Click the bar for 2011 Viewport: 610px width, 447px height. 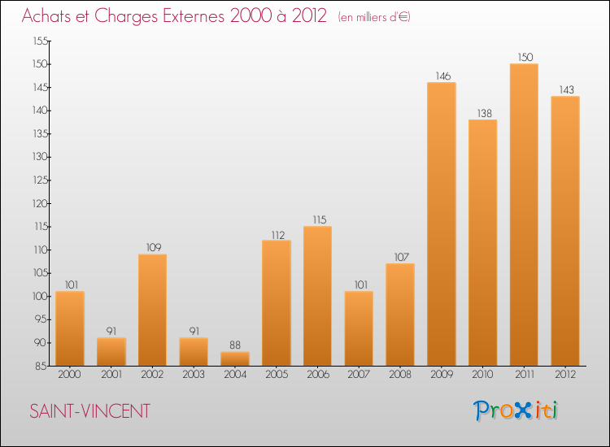[524, 215]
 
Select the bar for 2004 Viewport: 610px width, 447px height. [235, 358]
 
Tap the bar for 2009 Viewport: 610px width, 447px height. [442, 223]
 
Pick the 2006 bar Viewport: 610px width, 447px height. [317, 296]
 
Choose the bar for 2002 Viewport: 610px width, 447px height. [152, 310]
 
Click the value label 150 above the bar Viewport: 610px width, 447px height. [524, 58]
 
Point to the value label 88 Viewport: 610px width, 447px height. [235, 345]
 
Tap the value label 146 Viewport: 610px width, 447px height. [442, 76]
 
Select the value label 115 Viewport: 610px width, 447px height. [317, 219]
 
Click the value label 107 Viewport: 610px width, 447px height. [400, 257]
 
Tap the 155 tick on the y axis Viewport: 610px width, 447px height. [39, 41]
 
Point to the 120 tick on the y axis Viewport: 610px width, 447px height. [39, 203]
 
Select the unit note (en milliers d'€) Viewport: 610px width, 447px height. [373, 17]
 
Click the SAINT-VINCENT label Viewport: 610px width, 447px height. [89, 411]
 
